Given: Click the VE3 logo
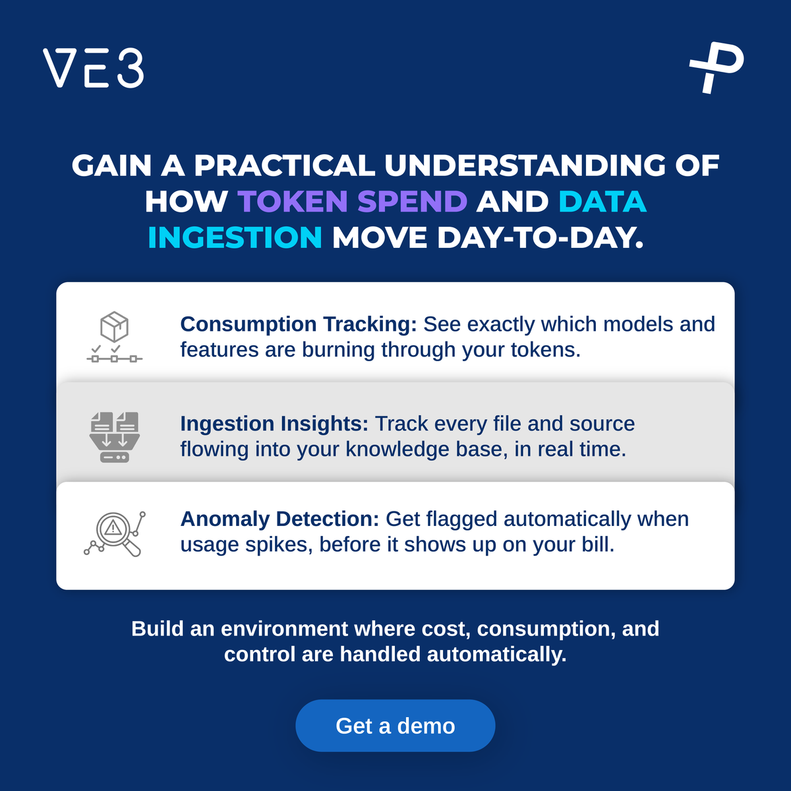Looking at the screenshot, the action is click(x=93, y=68).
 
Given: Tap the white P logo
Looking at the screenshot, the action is click(x=717, y=68).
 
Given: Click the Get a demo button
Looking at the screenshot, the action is click(x=395, y=725).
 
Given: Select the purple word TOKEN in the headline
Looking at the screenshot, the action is click(x=293, y=202).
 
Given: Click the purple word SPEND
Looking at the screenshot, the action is click(x=412, y=202).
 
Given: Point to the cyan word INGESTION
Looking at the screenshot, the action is click(x=235, y=238).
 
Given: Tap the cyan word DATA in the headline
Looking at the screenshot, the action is click(x=602, y=202).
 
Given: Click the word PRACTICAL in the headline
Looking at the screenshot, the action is click(x=284, y=165).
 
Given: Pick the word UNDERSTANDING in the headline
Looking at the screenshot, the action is click(x=525, y=165).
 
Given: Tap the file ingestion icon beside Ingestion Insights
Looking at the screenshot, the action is click(x=115, y=437).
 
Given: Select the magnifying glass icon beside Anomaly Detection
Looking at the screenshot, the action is click(x=115, y=534).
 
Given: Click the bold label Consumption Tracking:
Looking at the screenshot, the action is click(x=299, y=324).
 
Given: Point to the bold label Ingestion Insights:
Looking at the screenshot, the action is click(x=274, y=424).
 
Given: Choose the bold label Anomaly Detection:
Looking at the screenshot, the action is click(x=279, y=519).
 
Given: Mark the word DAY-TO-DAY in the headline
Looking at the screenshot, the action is click(x=541, y=238).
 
